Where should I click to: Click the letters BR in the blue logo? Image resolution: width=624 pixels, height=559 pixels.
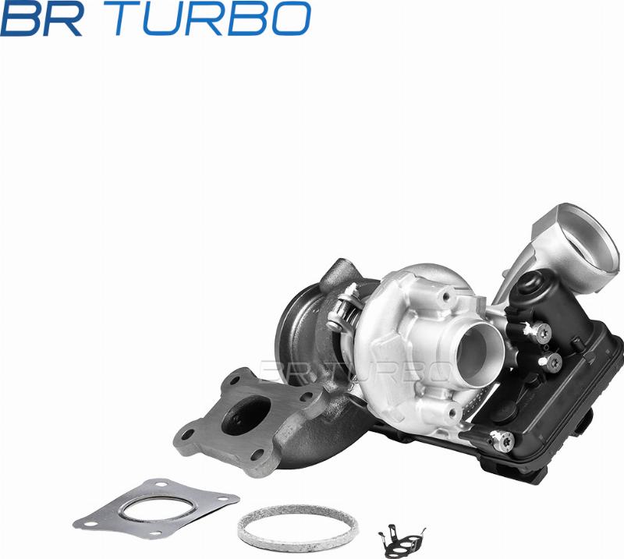[41, 18]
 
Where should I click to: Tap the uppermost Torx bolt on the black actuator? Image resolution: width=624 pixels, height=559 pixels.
[542, 331]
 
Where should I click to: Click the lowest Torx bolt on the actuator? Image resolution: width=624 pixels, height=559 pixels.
[502, 440]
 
